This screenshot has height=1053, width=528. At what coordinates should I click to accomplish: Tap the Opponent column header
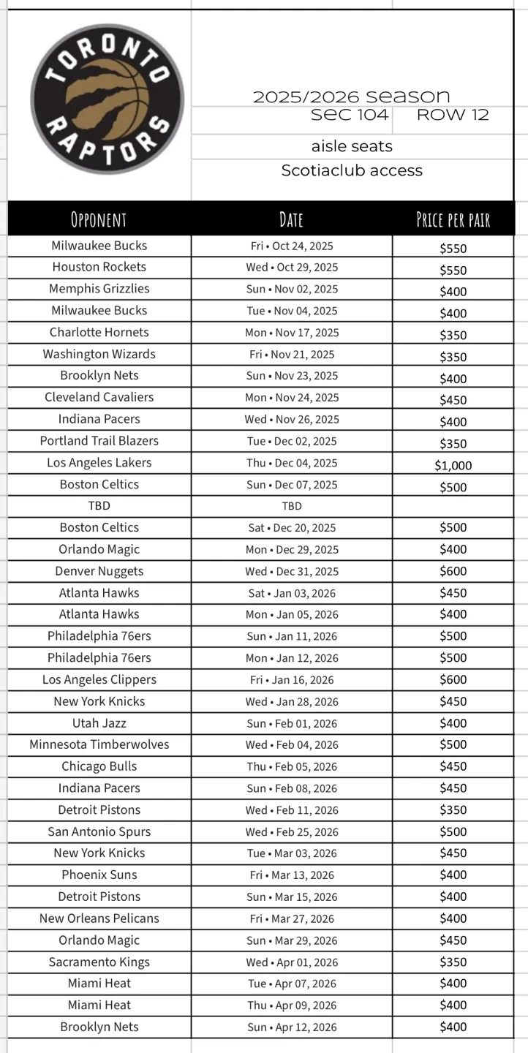tap(99, 219)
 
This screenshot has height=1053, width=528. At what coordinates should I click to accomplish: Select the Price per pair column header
tap(453, 219)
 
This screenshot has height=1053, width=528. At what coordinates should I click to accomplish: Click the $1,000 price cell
tap(453, 466)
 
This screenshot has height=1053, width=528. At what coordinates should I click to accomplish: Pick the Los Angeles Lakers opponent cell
tap(99, 463)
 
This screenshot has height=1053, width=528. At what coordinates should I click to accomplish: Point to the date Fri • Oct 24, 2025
tap(292, 246)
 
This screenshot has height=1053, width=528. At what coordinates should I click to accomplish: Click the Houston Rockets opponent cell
tap(99, 267)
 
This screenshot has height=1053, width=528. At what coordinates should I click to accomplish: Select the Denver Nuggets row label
tap(99, 571)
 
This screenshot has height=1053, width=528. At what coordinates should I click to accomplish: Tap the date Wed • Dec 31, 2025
tap(292, 571)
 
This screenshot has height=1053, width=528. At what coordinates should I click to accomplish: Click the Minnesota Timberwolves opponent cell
tap(99, 744)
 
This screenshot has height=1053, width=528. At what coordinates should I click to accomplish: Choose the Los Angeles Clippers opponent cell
tap(99, 679)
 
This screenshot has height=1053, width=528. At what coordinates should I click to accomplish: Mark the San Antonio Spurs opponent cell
tap(99, 831)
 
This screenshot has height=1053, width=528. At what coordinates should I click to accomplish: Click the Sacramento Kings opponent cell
tap(99, 962)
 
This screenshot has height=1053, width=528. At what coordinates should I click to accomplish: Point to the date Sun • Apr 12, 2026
tap(292, 1027)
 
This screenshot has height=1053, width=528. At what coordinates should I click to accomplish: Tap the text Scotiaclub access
tap(352, 170)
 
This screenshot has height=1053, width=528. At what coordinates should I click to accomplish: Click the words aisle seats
tap(352, 146)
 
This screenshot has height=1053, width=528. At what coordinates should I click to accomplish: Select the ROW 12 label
tap(453, 115)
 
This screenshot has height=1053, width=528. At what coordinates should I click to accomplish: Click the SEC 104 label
tap(350, 115)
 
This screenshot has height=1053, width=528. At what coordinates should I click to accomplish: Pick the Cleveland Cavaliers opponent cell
tap(99, 397)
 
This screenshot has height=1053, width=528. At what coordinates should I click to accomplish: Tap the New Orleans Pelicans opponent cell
tap(99, 918)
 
